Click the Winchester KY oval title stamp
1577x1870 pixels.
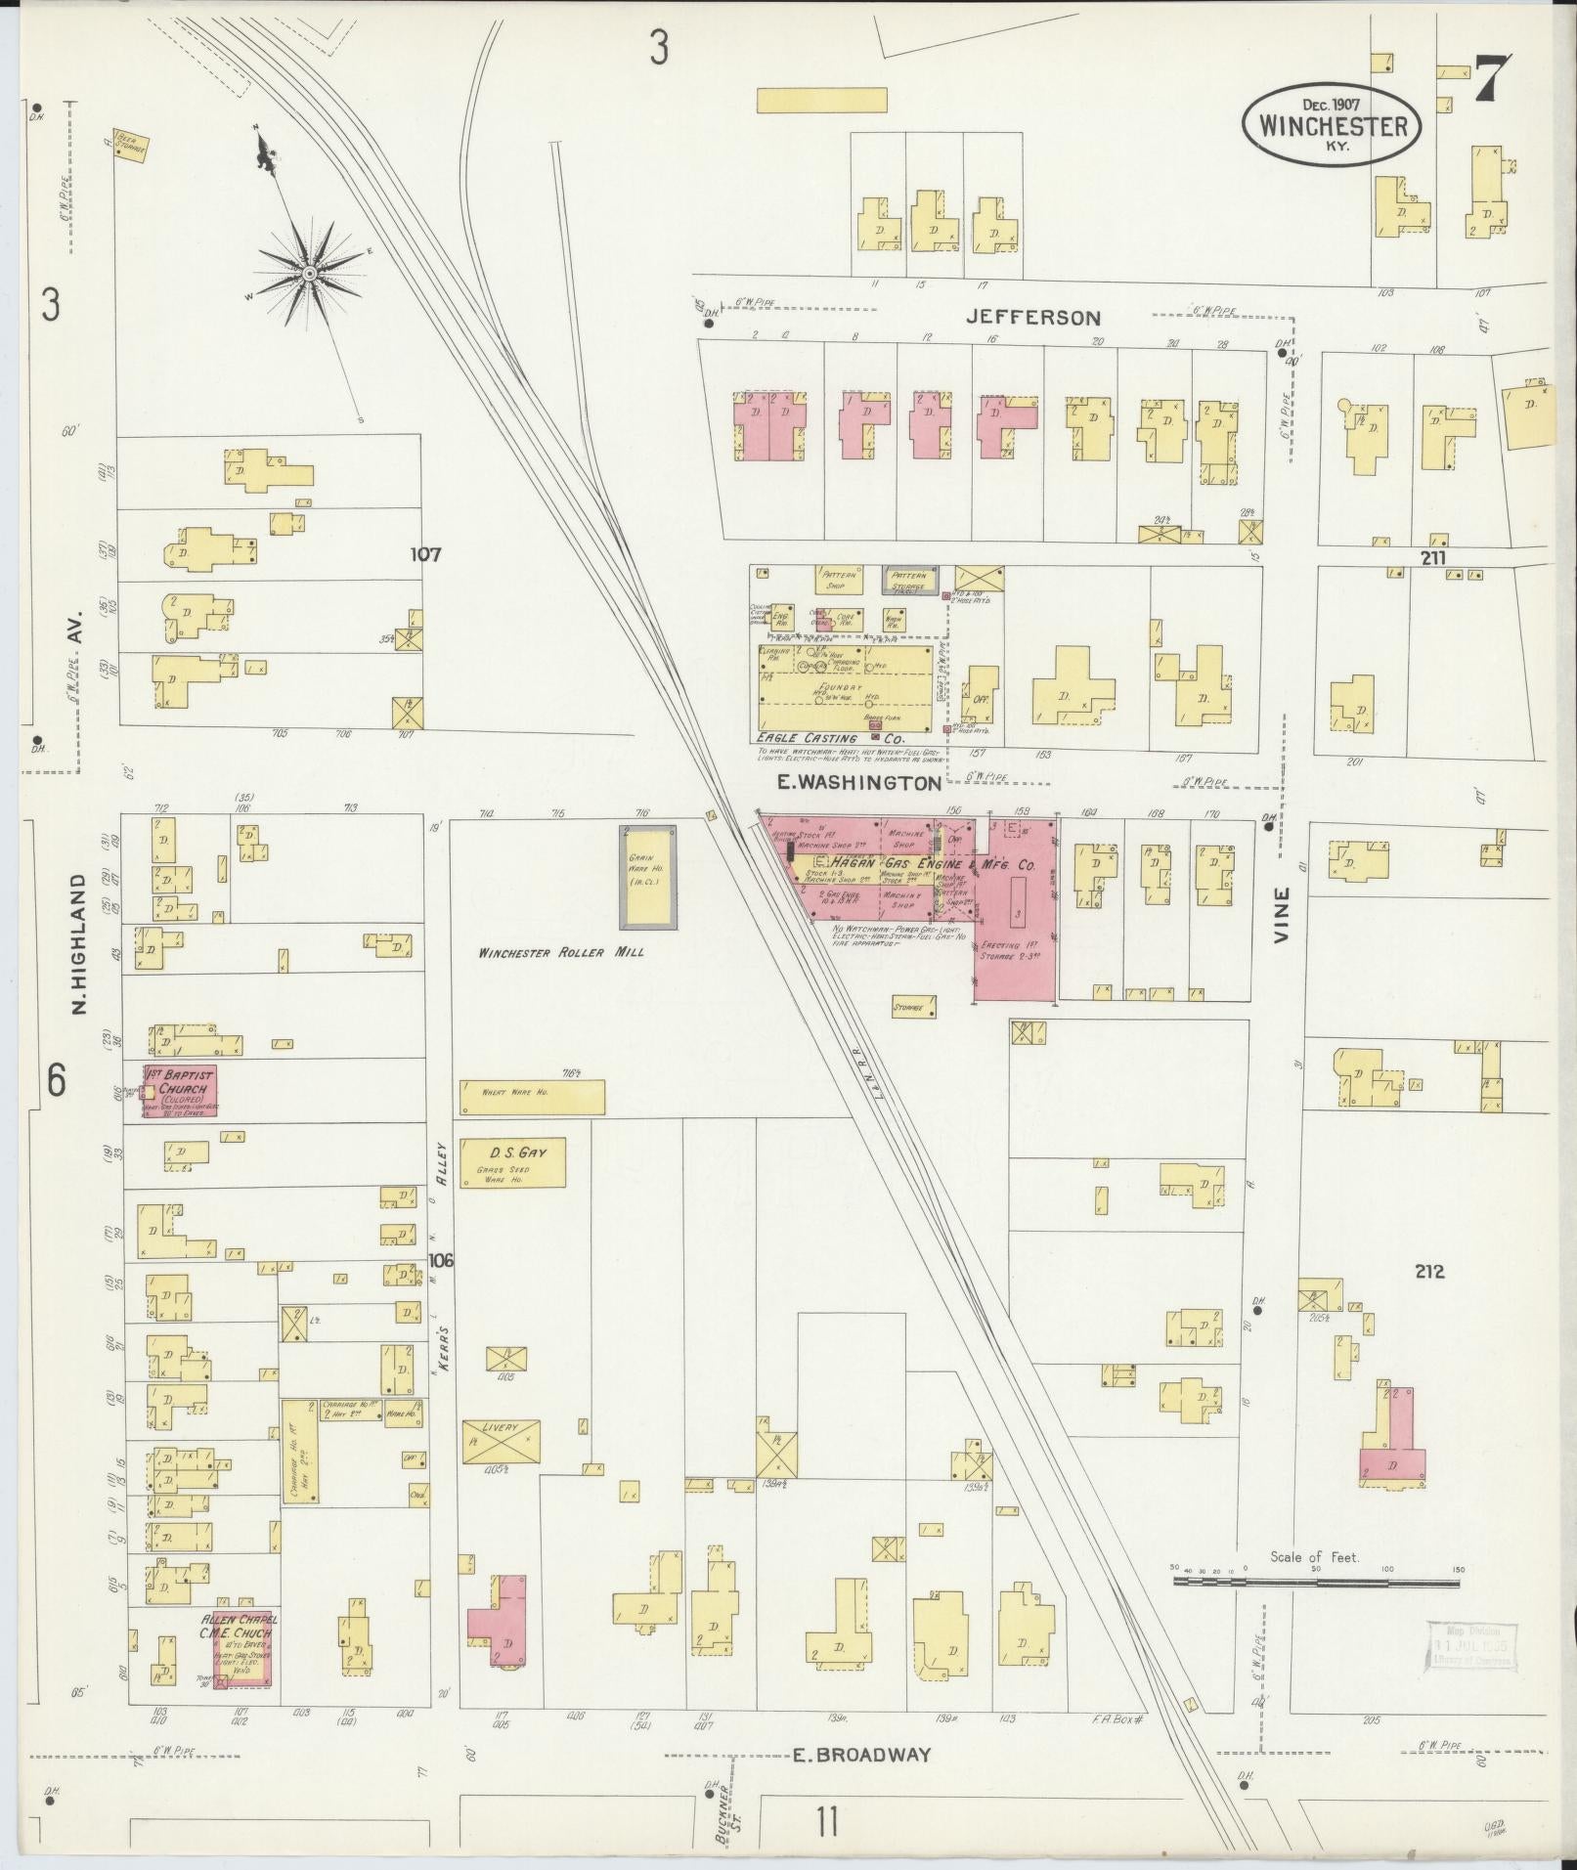click(x=1332, y=124)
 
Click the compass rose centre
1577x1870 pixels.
click(x=309, y=273)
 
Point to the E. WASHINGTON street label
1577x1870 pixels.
click(x=858, y=783)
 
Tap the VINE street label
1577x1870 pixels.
click(x=1282, y=914)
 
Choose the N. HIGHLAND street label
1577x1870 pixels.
click(x=80, y=942)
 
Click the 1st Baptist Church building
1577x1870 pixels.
click(x=181, y=1093)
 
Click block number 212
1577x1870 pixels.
click(x=1428, y=1272)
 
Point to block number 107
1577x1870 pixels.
click(x=425, y=554)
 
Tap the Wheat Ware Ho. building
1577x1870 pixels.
click(x=532, y=1097)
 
